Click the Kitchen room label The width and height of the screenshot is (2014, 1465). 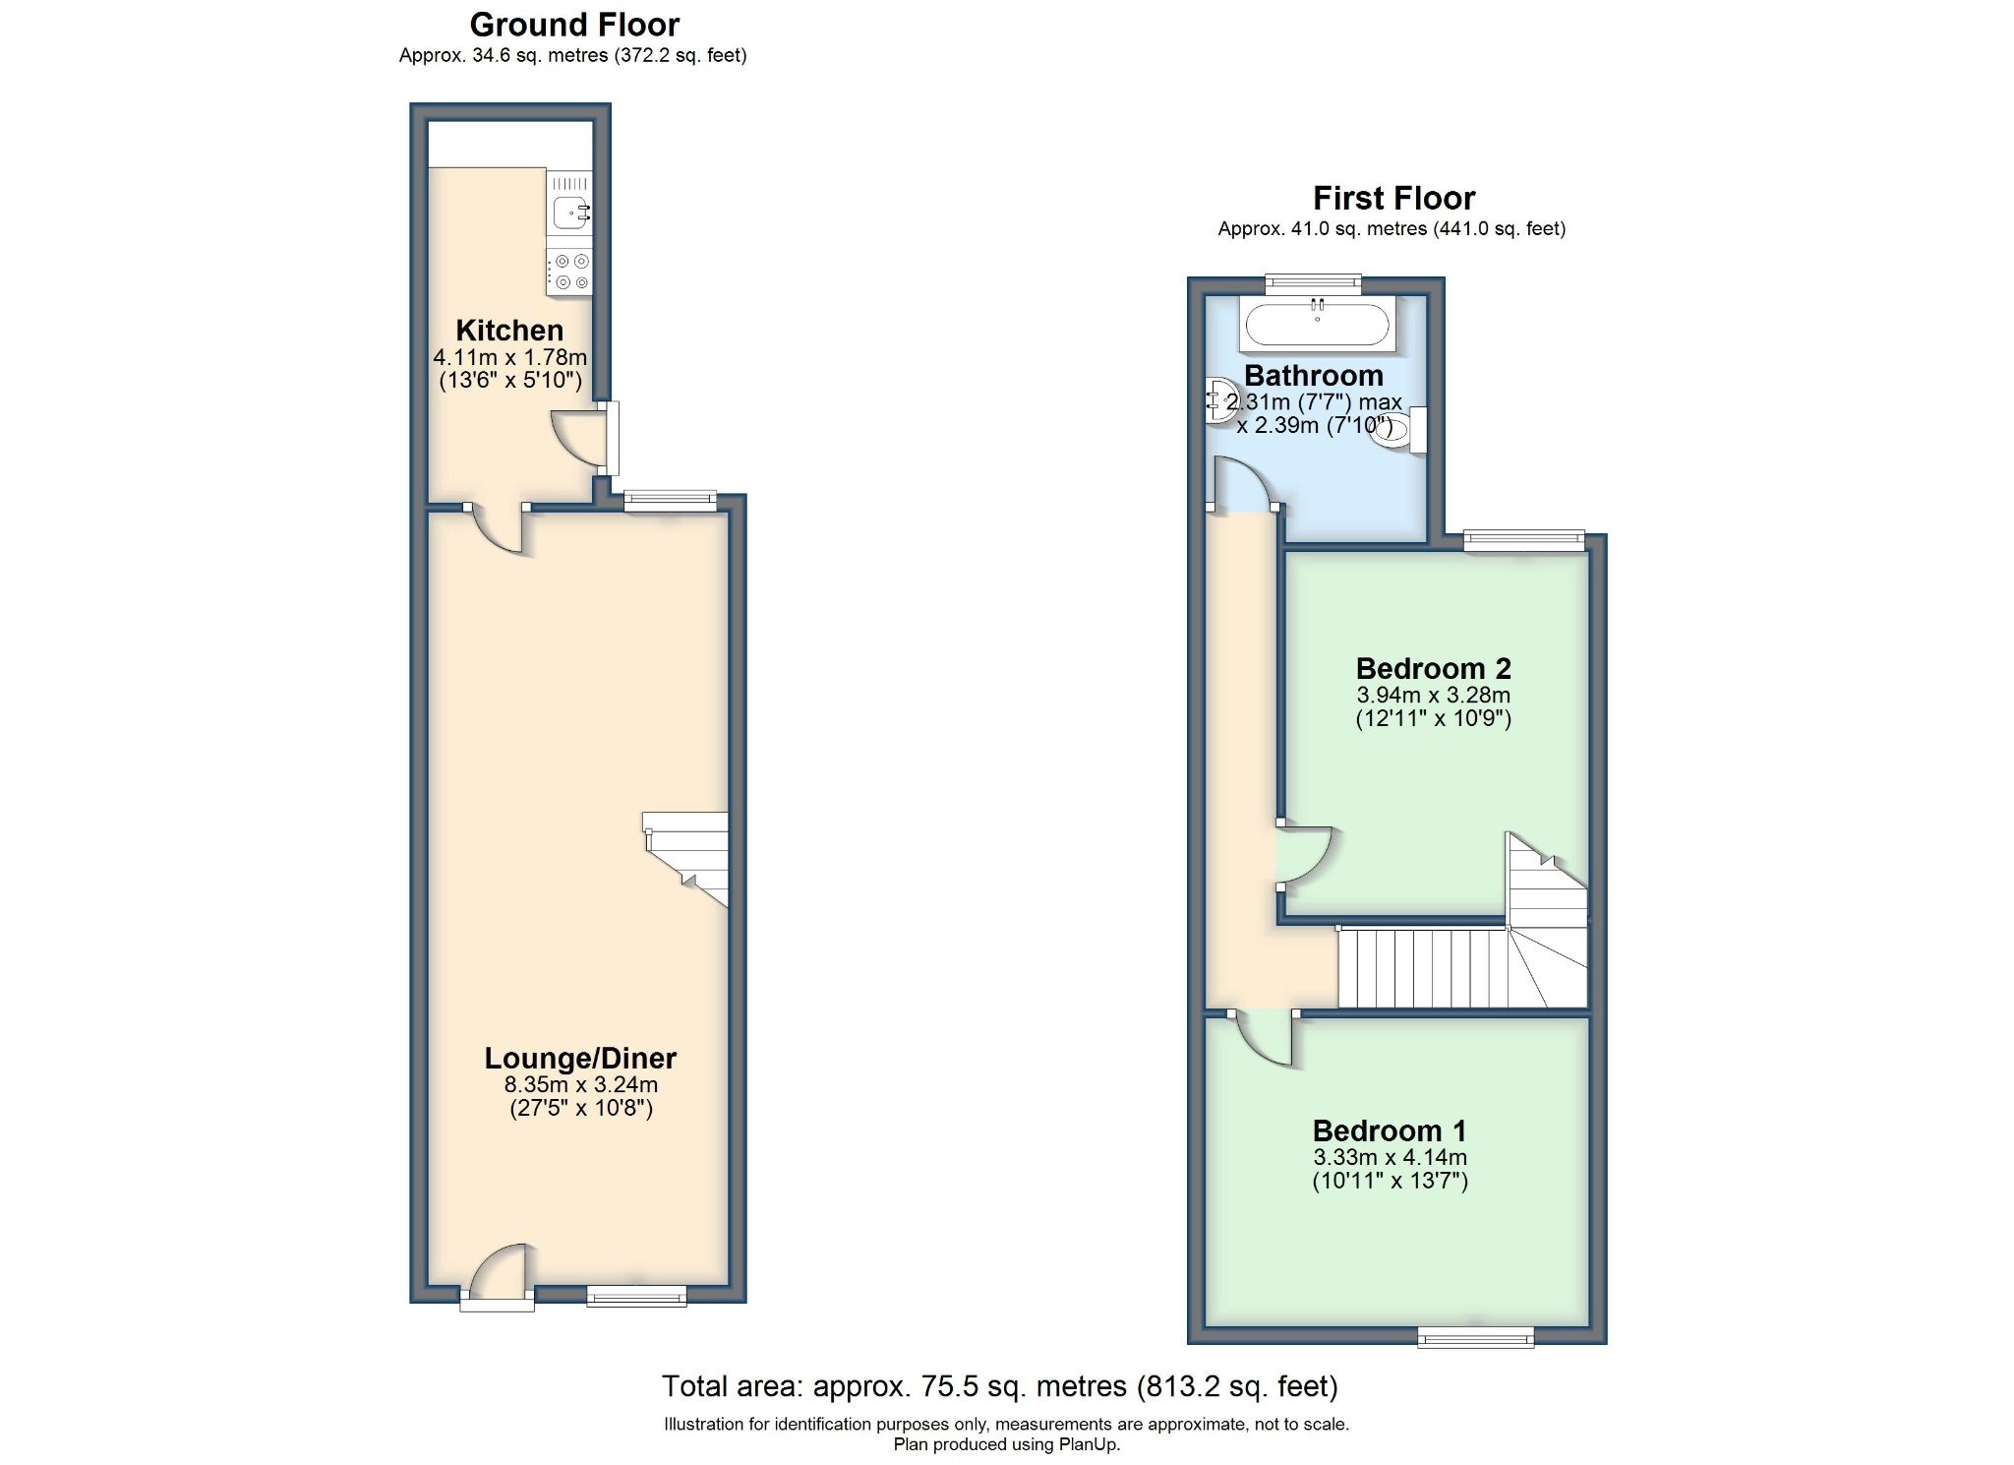coord(509,330)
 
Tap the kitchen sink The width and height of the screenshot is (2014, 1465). coord(570,211)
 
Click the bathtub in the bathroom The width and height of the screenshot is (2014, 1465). coord(1317,324)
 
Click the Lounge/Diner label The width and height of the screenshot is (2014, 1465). coord(580,1058)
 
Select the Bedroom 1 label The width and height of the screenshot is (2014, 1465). coord(1390,1130)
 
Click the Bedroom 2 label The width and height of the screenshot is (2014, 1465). coord(1433,668)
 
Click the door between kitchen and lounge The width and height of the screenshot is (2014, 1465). coord(500,531)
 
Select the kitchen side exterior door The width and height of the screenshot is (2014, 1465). coord(582,438)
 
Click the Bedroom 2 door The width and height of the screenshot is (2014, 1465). coord(1304,854)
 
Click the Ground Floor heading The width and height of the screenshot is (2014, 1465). coord(574,24)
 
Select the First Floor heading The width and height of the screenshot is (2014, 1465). coord(1393,198)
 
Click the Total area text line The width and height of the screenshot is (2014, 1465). coord(999,1386)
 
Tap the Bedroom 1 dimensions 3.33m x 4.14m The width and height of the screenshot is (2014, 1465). coord(1390,1158)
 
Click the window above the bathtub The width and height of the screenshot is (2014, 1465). coord(1313,283)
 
